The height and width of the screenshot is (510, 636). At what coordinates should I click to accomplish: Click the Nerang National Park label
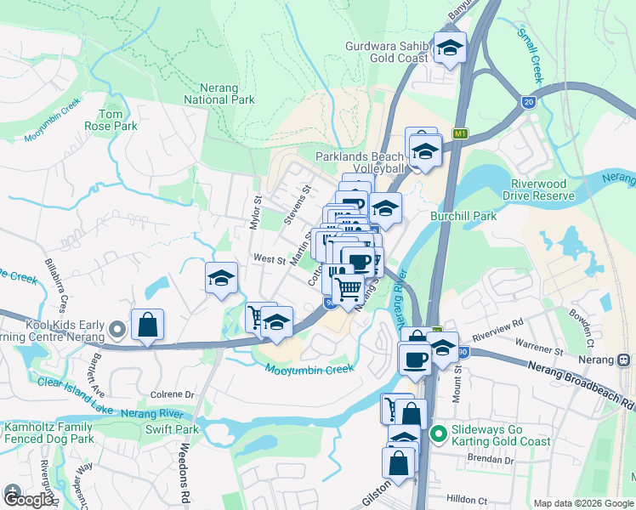coord(219,93)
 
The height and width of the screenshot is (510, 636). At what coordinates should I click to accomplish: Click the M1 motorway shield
coord(461,133)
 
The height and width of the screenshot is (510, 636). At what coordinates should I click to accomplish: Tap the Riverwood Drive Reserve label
coord(542,190)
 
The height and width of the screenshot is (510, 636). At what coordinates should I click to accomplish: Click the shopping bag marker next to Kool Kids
coord(147,325)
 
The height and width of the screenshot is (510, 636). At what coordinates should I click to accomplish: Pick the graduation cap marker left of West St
coord(221,278)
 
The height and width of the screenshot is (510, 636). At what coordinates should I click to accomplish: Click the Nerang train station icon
coord(625,360)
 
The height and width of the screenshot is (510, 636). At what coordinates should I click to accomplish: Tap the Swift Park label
coord(171,429)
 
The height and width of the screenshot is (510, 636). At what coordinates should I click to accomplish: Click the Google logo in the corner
coord(28,499)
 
